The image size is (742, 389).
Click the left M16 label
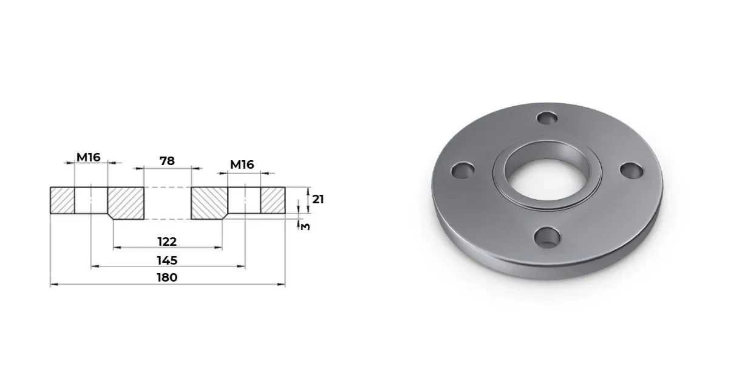88,158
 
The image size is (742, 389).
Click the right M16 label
242,164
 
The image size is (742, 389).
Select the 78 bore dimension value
167,161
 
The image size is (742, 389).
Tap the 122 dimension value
167,242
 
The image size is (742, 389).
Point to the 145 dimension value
167,260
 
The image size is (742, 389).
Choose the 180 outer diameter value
167,277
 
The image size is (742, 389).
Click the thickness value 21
318,198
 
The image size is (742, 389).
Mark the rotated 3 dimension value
305,226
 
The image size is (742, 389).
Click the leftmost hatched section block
62,200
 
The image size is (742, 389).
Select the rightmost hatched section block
273,200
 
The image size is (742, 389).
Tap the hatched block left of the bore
126,202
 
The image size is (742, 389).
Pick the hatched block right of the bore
209,202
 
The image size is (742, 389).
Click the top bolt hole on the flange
548,118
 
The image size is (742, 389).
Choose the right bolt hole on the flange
631,171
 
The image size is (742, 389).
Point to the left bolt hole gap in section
91,200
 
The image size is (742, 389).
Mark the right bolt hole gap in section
245,200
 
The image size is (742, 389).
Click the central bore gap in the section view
167,202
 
